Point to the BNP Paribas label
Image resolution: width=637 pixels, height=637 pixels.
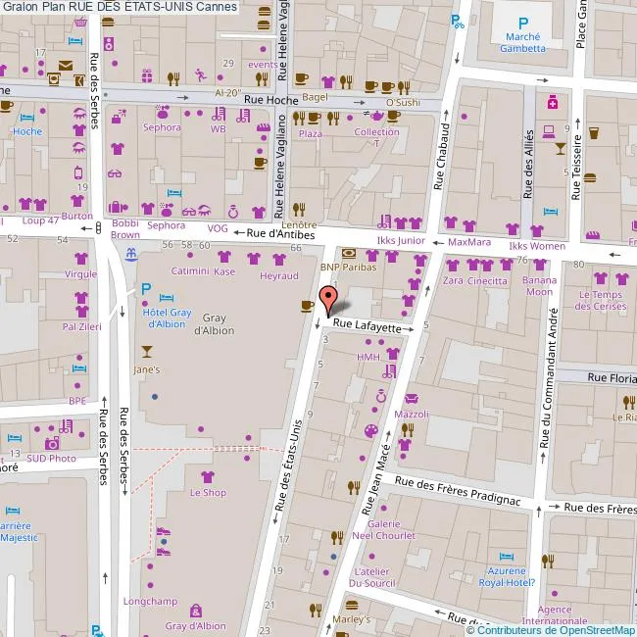[349, 267]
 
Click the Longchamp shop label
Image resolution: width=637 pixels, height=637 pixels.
[143, 601]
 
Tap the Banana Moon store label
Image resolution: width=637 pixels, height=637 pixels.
[539, 285]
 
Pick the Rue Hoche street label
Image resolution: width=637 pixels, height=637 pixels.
[269, 99]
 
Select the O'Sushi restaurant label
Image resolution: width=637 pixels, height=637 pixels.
[403, 102]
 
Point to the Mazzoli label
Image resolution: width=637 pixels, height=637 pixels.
[412, 415]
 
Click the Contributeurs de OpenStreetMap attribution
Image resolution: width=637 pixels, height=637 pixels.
[551, 630]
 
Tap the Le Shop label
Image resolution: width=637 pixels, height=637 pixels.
[208, 492]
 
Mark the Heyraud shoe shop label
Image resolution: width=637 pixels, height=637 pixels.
[279, 276]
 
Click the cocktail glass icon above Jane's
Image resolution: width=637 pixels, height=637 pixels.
[147, 351]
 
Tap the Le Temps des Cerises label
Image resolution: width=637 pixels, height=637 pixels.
[600, 300]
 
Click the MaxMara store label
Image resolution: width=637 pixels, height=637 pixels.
[468, 241]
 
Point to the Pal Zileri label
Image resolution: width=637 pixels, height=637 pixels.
[82, 325]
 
